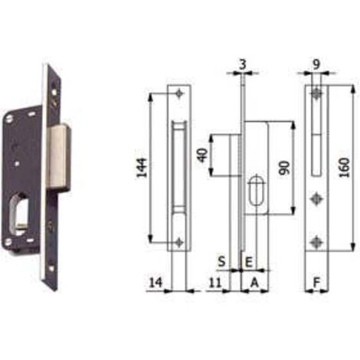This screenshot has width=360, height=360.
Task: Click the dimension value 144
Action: pos(142,168)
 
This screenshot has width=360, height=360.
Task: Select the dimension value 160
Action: pos(344,168)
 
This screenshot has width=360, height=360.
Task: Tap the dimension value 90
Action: pos(284,168)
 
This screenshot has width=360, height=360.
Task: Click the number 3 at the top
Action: pos(243,64)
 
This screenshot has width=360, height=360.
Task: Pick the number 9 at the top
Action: pos(316,64)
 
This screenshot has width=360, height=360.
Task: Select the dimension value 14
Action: pos(155,283)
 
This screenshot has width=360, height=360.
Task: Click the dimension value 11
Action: pos(215,283)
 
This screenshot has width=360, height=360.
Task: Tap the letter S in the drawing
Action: pos(221,261)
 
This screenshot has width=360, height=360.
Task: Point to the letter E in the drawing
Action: pos(249,262)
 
